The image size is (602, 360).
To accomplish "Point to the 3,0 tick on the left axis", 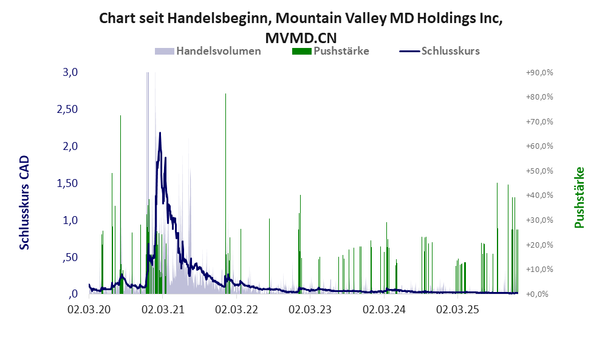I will coord(71,72).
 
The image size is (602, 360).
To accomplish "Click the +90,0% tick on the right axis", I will coord(539,72).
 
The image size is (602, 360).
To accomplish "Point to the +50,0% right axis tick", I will coord(539,171).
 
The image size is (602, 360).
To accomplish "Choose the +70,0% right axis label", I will coord(539,121).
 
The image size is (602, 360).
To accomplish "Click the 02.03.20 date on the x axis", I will coord(89,310).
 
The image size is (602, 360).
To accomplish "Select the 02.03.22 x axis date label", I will coord(236,310).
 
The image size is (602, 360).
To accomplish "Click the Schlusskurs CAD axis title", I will coord(24,202).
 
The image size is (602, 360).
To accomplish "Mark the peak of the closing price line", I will coord(160,133).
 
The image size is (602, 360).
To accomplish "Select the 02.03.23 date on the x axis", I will coord(310,310).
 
